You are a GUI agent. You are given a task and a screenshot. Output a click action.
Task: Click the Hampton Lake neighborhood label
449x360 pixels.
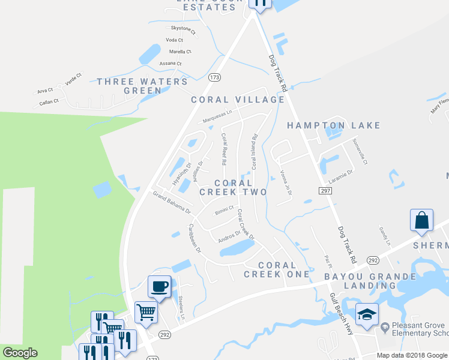point(334,125)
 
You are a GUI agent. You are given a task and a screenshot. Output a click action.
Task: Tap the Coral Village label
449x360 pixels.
point(238,100)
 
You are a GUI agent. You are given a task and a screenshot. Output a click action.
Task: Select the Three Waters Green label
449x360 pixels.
point(142,86)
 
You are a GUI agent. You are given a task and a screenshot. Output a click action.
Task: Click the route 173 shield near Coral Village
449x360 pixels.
point(215,77)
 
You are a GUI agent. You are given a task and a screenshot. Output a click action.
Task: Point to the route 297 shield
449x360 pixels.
point(325,190)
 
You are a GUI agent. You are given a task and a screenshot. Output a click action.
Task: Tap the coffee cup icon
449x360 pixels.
point(159,286)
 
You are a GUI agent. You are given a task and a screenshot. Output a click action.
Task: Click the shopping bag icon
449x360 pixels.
point(421,220)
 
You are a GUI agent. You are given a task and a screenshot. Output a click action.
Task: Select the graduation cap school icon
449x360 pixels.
point(367,314)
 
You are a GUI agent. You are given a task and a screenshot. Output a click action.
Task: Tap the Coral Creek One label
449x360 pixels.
point(277,269)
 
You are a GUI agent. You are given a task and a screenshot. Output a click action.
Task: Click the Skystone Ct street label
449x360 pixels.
point(184,29)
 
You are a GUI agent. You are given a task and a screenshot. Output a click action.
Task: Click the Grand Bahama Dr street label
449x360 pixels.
point(171,203)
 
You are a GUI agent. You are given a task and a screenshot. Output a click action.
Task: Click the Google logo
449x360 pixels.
point(20,353)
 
